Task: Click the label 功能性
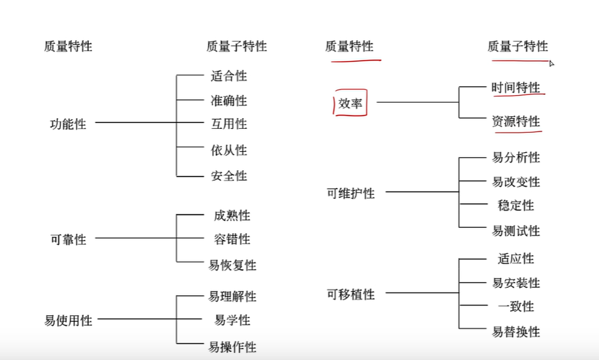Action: (68, 124)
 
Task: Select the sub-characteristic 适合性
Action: (229, 76)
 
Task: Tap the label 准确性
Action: (229, 100)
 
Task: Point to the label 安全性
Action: (229, 176)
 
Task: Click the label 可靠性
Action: (68, 239)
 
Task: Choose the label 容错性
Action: (232, 239)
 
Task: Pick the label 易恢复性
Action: (232, 265)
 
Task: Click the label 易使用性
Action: (68, 321)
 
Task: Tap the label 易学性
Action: (232, 320)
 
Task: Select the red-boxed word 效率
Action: (351, 103)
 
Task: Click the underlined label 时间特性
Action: (515, 88)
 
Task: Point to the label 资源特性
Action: (515, 121)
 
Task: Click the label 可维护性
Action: (350, 193)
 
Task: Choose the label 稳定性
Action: (515, 206)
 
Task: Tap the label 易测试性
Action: (515, 230)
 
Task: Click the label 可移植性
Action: (350, 295)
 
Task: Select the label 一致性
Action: (515, 307)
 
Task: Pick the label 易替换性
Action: (515, 331)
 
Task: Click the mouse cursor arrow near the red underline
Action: (551, 63)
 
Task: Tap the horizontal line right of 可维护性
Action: (422, 191)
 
